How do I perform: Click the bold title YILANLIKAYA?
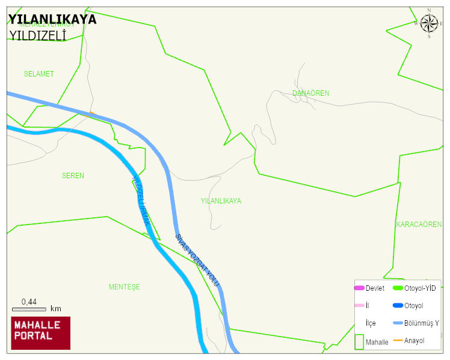pos(52,19)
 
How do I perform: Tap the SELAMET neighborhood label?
pos(39,74)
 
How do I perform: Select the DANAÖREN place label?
pos(310,93)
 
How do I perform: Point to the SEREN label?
pos(73,176)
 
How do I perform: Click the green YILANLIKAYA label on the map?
pos(221,201)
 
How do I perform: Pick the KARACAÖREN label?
pos(419,225)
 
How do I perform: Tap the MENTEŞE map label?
pos(124,287)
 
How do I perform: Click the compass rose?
pos(429,23)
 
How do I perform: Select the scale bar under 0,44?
pos(29,309)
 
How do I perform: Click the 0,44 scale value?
pos(29,302)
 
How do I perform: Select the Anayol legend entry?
pos(414,341)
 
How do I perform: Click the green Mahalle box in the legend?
pos(359,342)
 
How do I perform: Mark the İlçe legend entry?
pos(371,323)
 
